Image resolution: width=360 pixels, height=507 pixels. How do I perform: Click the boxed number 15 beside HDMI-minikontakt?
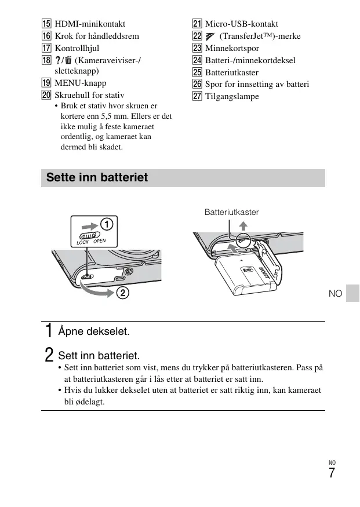(x=46, y=24)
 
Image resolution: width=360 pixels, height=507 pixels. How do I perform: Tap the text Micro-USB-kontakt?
(x=241, y=24)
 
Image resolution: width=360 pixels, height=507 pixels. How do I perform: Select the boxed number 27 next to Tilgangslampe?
(x=197, y=96)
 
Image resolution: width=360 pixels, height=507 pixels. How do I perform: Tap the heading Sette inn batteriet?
(x=97, y=177)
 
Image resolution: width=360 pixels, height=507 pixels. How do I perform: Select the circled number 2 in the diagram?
(x=122, y=293)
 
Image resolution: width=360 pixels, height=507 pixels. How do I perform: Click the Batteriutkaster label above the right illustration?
(x=231, y=213)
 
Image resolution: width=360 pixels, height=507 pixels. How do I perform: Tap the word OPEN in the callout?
(x=100, y=241)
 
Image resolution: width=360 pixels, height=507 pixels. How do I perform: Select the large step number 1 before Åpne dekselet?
(x=49, y=331)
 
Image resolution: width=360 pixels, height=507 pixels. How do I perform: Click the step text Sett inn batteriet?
(x=99, y=355)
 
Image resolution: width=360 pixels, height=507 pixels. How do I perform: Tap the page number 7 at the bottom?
(x=332, y=473)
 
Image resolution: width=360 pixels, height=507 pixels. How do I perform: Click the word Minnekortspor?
(x=232, y=48)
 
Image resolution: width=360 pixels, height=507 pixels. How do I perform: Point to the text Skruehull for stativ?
(x=89, y=94)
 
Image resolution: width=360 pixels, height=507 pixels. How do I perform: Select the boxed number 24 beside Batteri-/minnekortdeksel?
(x=197, y=60)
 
